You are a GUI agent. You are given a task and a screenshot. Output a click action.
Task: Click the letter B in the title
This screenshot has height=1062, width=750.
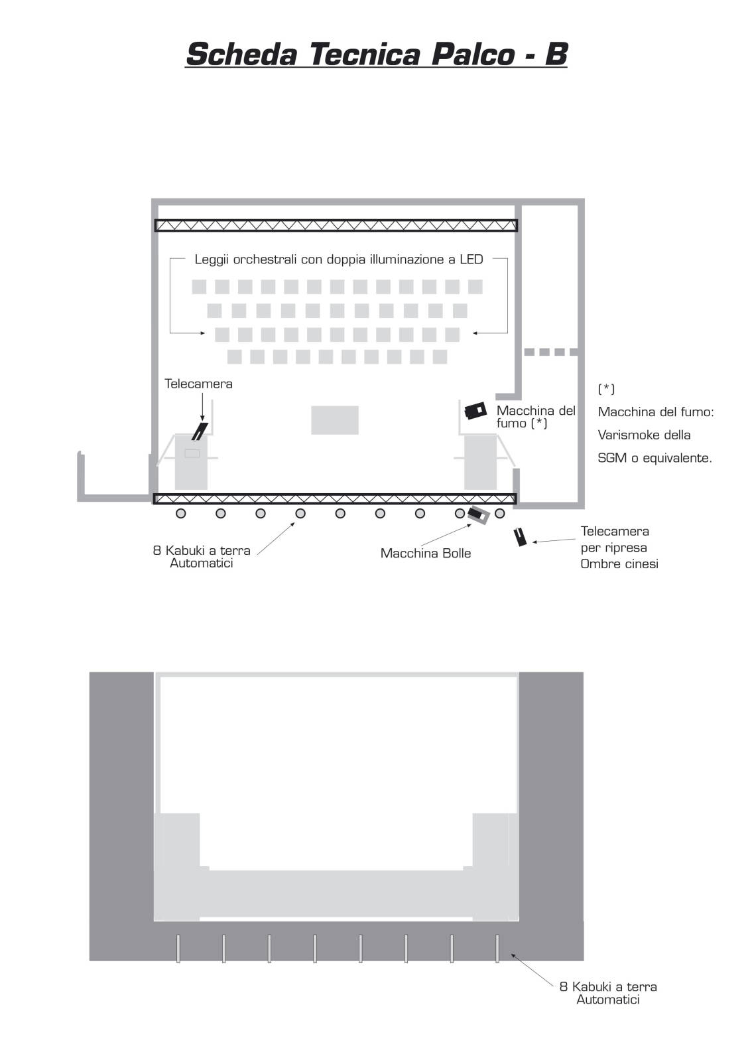pos(556,54)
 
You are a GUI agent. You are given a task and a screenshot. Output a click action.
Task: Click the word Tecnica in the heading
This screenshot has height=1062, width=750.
pos(364,54)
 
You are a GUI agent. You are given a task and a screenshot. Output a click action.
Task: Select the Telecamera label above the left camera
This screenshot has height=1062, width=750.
pos(198,384)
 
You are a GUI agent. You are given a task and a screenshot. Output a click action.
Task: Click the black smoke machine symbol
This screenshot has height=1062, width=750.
pos(475,410)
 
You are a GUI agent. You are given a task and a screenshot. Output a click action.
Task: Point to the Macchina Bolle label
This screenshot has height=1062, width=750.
pos(426,554)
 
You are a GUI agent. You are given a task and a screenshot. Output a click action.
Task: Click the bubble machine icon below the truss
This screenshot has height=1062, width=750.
pos(478,514)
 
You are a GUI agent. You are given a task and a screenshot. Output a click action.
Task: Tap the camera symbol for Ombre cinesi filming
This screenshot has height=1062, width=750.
pos(520,537)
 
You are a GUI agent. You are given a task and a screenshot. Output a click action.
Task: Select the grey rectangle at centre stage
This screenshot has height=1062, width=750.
pos(334,420)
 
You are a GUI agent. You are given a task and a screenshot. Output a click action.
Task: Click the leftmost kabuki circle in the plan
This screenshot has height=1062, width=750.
pos(180,513)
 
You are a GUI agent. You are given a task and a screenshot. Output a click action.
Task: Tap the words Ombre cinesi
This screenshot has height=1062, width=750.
pos(619,564)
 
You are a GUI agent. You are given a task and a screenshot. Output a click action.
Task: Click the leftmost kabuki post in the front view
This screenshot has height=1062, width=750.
pos(178,948)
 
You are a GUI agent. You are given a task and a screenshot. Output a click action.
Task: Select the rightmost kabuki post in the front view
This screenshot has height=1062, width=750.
pos(497,948)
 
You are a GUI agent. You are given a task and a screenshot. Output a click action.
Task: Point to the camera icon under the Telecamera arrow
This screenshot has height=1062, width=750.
pos(200,431)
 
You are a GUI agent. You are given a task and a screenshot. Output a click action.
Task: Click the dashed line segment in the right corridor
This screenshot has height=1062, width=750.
pos(550,352)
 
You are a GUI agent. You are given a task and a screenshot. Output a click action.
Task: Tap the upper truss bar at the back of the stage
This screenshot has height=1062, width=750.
pos(336,225)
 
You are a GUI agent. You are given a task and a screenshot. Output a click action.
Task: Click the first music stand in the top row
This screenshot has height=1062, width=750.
pos(199,286)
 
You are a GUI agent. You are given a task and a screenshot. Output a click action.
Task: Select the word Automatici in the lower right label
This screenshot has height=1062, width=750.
pos(608,1000)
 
